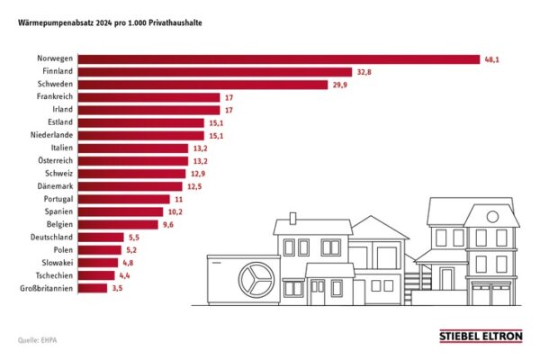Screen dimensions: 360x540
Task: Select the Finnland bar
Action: [x=215, y=72]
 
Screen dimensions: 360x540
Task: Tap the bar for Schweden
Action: [x=202, y=85]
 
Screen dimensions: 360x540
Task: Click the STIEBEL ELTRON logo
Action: [x=480, y=337]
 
